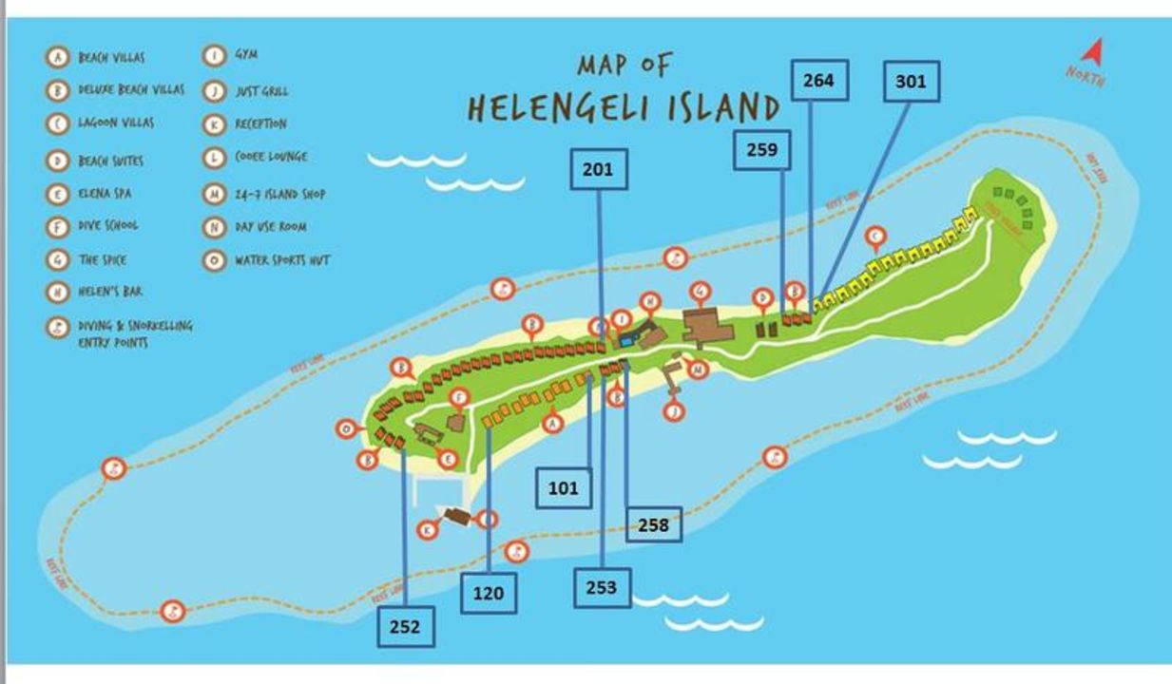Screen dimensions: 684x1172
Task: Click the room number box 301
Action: [x=911, y=82]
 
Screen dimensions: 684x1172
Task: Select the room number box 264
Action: [x=818, y=80]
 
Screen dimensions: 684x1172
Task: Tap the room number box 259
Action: [x=761, y=149]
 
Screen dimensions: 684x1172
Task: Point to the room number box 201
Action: [x=598, y=169]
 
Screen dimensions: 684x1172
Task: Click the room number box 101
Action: [x=563, y=488]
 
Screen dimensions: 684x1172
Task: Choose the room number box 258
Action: [x=653, y=523]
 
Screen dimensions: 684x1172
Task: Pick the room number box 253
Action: [x=602, y=587]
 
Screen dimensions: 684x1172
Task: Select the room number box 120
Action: [x=489, y=594]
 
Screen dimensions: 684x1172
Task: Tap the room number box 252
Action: [x=406, y=627]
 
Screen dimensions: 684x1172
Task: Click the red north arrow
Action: [x=1093, y=52]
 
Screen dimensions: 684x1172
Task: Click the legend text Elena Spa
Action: [x=105, y=194]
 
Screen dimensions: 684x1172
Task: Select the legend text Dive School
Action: [x=107, y=226]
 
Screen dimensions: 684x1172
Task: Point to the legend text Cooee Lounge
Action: [x=271, y=157]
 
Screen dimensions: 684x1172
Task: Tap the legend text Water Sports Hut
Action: [x=282, y=259]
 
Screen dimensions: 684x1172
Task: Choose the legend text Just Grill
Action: [x=261, y=91]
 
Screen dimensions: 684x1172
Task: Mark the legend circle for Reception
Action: [x=215, y=123]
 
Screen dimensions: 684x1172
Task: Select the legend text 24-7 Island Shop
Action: [x=279, y=195]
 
